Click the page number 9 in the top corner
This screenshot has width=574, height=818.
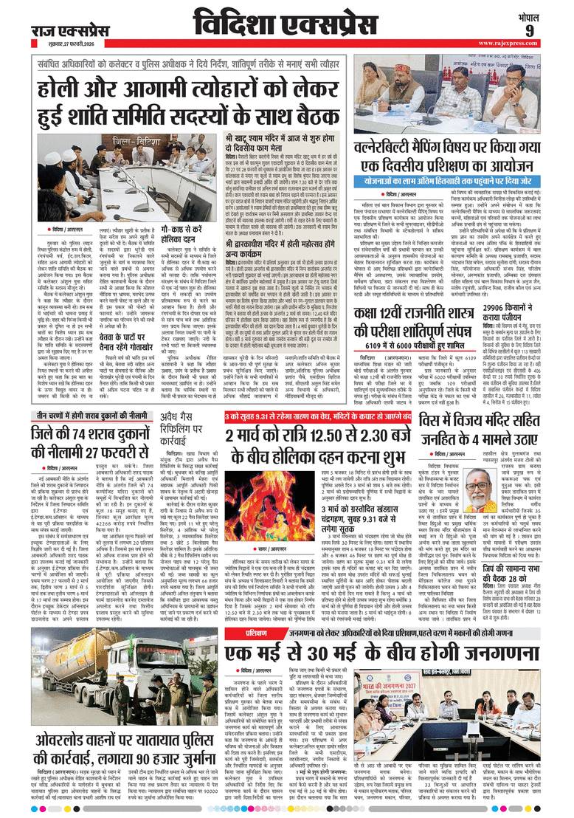point(550,30)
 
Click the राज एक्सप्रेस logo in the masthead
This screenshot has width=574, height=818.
point(60,30)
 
